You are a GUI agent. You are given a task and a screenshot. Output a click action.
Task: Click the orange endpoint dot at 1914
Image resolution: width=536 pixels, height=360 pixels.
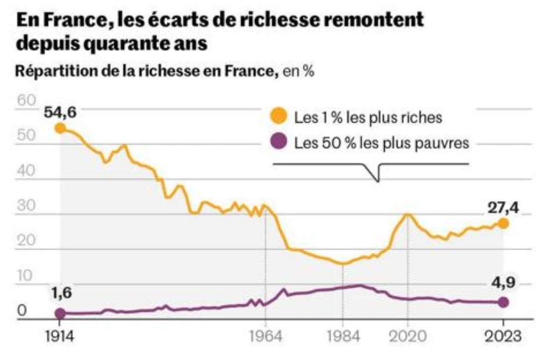(x=60, y=128)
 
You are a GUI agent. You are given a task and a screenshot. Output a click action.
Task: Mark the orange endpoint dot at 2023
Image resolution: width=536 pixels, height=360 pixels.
(x=503, y=223)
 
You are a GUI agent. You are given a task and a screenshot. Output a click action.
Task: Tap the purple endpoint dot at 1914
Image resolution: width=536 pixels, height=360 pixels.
(x=60, y=313)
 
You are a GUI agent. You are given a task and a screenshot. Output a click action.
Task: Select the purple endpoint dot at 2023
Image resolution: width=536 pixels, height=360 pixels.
(x=503, y=302)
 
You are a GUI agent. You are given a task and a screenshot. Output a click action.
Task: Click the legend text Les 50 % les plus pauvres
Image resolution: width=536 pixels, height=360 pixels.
(x=381, y=143)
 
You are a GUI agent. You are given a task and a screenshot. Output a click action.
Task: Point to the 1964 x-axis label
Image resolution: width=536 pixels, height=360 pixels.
(x=266, y=336)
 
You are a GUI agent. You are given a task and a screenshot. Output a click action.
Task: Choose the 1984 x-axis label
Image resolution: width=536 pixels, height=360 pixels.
(x=342, y=336)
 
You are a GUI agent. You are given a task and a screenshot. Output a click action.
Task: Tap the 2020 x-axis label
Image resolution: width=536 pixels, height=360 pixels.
(x=407, y=336)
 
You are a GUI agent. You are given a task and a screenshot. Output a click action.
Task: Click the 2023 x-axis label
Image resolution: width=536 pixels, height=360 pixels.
(x=503, y=336)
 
